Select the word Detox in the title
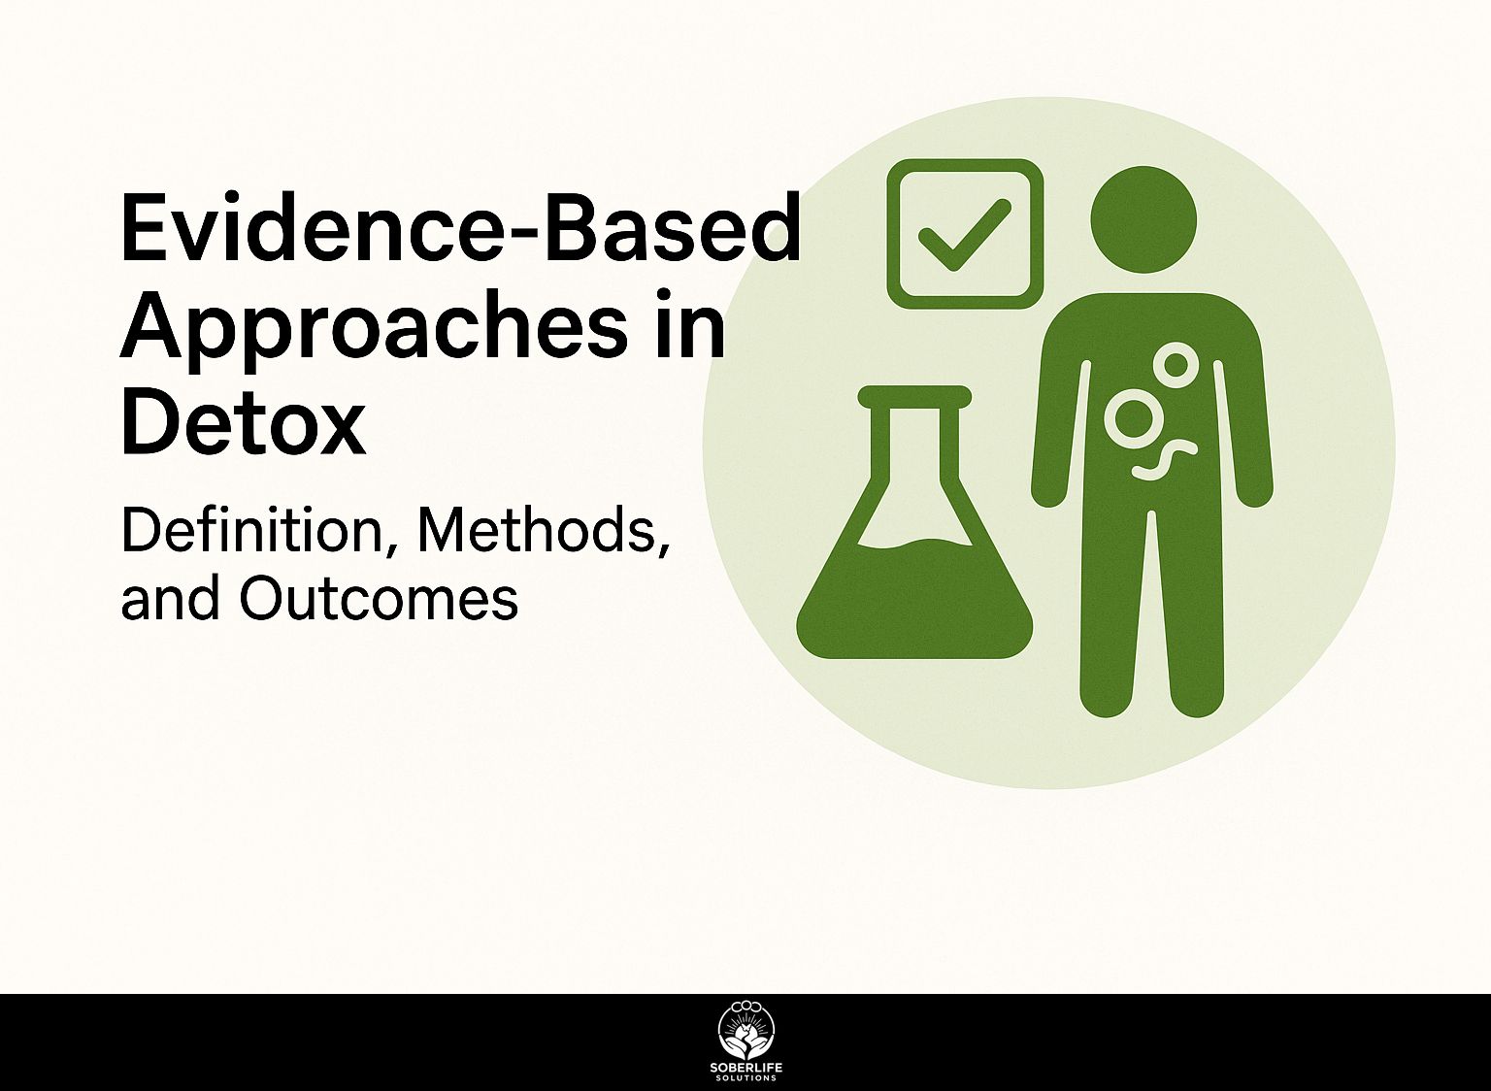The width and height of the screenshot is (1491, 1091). pos(243,422)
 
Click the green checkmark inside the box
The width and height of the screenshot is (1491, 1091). pos(964,235)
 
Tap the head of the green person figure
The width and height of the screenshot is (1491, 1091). pos(1143,219)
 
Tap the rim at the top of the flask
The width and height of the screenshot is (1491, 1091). pos(914,396)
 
